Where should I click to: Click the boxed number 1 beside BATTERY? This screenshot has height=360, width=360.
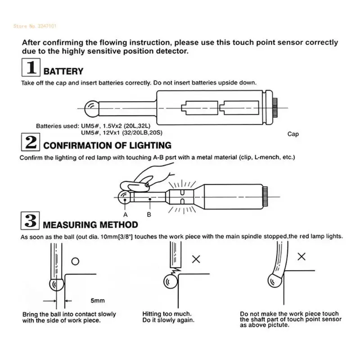tap(31, 69)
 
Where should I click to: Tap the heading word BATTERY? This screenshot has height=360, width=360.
tap(63, 71)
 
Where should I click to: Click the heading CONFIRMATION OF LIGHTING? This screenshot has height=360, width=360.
tap(107, 145)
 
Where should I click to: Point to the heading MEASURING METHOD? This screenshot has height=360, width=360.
tap(90, 224)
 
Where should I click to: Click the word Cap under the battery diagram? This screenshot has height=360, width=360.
tap(293, 134)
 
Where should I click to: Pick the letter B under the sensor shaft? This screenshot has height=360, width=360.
tap(149, 214)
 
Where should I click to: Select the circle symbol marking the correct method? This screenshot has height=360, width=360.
tap(75, 261)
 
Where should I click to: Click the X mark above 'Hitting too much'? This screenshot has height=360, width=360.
tap(196, 259)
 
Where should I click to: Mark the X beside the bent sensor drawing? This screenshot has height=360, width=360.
tap(302, 256)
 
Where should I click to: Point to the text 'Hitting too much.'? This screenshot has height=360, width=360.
tap(167, 314)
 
